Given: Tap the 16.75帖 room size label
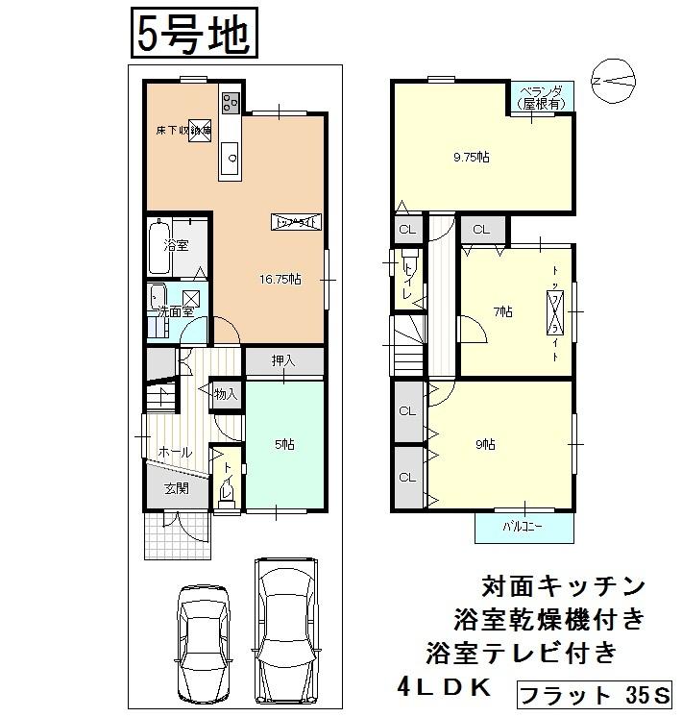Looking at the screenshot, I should click(x=280, y=280).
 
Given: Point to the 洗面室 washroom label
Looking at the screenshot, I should click(x=176, y=311).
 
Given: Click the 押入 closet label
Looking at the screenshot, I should click(x=282, y=361).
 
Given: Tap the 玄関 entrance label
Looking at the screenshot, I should click(x=175, y=488).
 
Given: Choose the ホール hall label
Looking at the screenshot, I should click(x=174, y=452).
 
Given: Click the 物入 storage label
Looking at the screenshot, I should click(x=226, y=393).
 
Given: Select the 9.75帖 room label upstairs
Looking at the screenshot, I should click(x=472, y=157).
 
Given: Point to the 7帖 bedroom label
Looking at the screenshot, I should click(x=503, y=311).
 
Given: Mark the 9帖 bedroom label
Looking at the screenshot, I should click(x=484, y=443).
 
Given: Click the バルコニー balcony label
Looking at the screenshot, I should click(x=524, y=527).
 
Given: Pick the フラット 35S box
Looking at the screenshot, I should click(x=596, y=694).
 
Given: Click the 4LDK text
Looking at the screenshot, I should click(x=444, y=687).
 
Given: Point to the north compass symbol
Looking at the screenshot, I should click(x=613, y=84).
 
